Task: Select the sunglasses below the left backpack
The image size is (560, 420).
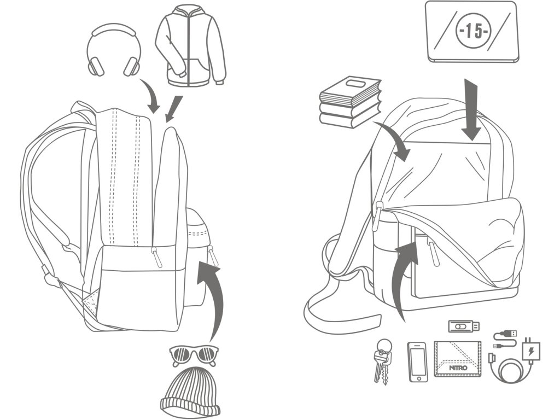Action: pos(194,355)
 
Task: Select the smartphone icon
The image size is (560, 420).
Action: pos(417,361)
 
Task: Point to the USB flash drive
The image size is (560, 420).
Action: pos(464,326)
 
